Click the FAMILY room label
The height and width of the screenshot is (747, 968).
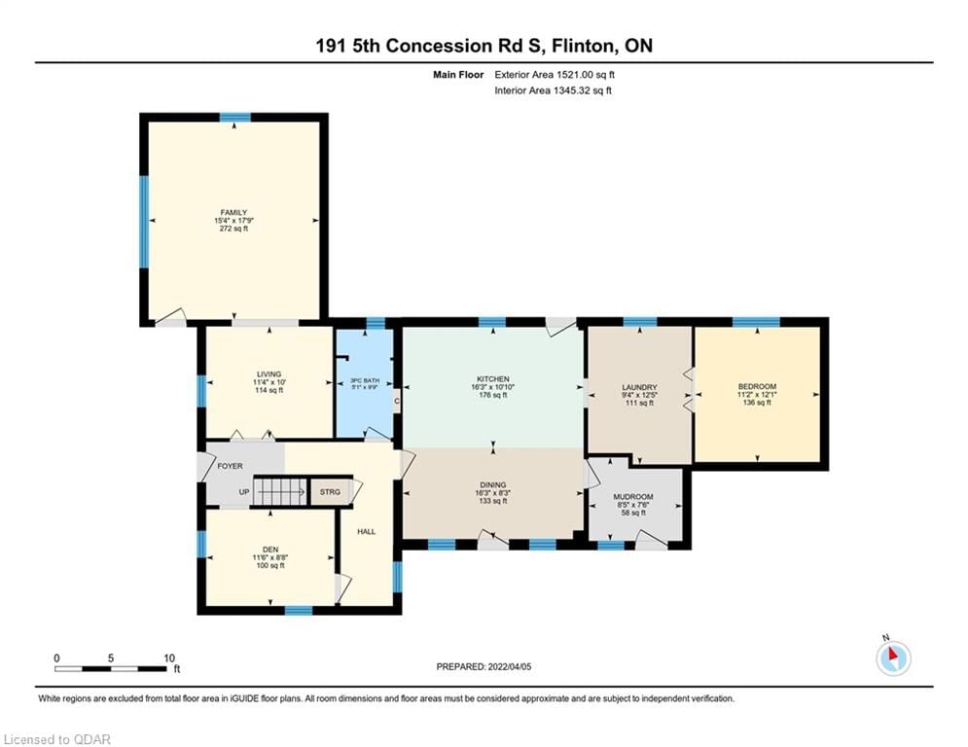[233, 212]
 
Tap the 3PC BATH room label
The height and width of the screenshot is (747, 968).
[364, 379]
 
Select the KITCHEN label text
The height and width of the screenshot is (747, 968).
[492, 379]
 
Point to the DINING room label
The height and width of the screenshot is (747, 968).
[492, 484]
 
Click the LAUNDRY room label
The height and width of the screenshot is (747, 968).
[639, 387]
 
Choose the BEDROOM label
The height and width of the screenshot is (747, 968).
[757, 387]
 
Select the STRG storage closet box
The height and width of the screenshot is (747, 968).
[331, 492]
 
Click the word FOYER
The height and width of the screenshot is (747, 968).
[231, 466]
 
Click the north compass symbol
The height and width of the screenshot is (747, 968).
[892, 658]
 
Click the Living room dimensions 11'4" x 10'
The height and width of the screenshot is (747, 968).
[269, 382]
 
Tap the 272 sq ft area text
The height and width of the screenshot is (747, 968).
[233, 230]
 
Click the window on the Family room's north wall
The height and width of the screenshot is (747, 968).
[234, 118]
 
